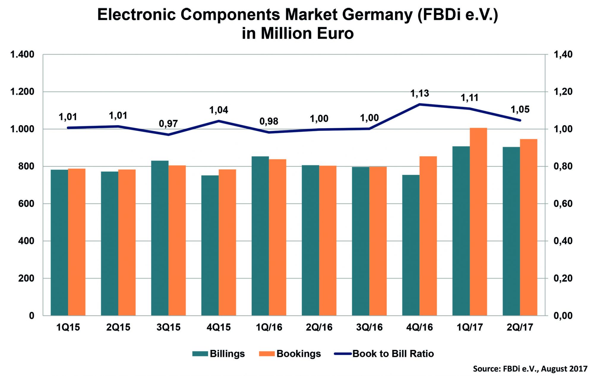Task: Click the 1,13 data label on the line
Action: click(420, 94)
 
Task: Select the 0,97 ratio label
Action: click(168, 123)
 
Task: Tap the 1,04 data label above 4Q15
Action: click(219, 110)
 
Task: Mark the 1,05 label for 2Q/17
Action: click(520, 110)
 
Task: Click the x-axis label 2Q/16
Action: click(319, 327)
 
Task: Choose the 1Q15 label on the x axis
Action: click(68, 327)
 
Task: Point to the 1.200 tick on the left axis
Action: click(22, 92)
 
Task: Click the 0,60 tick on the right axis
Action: click(563, 204)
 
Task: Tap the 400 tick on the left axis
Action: click(26, 241)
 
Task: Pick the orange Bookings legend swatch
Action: click(266, 354)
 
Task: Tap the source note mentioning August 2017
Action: click(530, 369)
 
